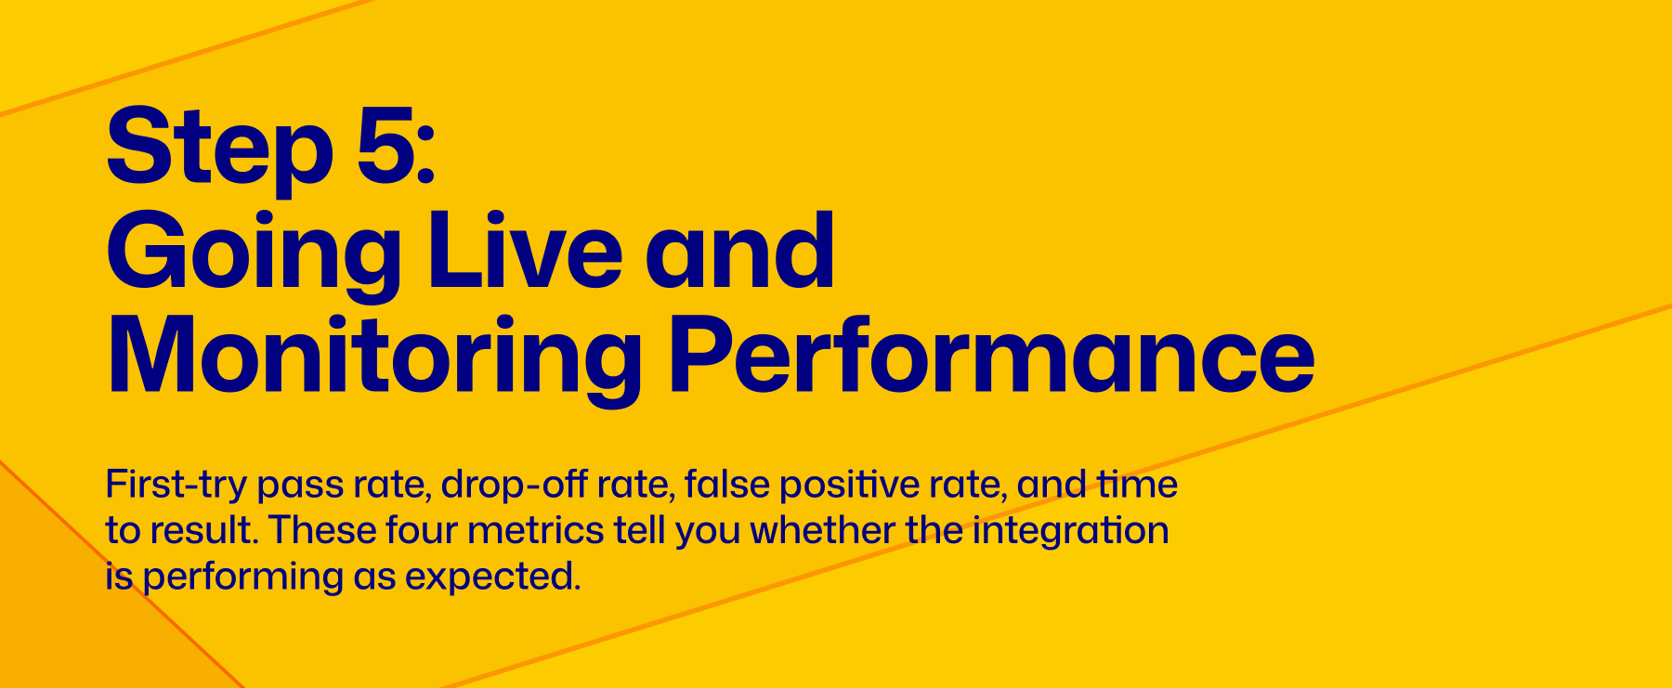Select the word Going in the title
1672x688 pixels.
254,253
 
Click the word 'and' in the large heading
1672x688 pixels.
740,250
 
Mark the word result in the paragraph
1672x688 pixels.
202,531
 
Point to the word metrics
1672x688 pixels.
536,531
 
